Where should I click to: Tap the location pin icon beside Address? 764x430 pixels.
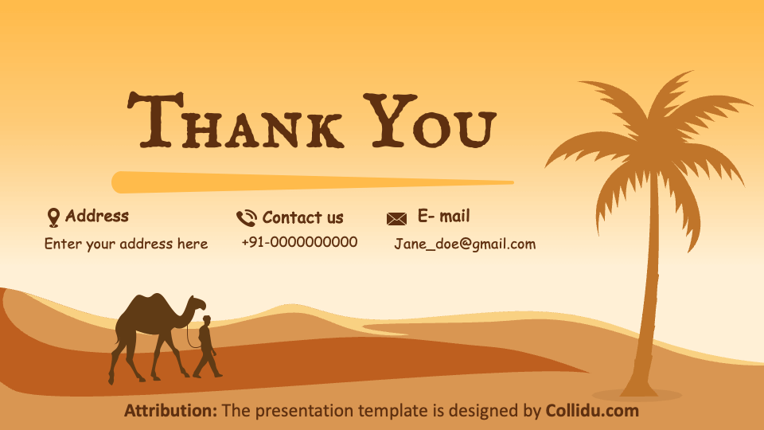click(x=53, y=217)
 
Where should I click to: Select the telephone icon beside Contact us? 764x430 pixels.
click(x=246, y=218)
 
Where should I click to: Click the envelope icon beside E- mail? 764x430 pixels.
click(x=396, y=218)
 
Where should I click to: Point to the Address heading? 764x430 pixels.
click(x=96, y=216)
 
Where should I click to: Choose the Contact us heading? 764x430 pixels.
click(x=302, y=217)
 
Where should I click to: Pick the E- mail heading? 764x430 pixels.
click(x=443, y=216)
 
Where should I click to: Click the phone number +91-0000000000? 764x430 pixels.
click(x=299, y=242)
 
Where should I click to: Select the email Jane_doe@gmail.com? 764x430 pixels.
click(x=465, y=244)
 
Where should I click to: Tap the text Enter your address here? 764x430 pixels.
click(x=126, y=244)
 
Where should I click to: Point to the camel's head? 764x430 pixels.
click(x=196, y=303)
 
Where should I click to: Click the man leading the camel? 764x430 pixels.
click(x=206, y=346)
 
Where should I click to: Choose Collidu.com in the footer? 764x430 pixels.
click(x=591, y=411)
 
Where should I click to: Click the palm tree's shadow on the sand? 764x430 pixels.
click(x=637, y=395)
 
